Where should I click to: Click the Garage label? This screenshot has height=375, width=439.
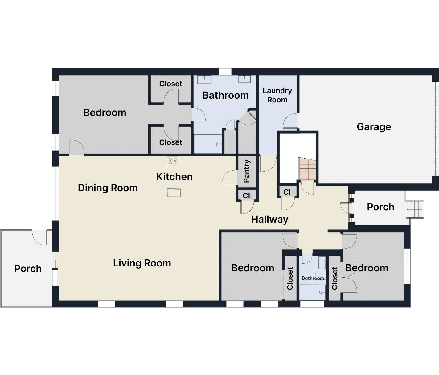[x=374, y=127]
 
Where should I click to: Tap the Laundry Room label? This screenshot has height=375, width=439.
[x=277, y=95]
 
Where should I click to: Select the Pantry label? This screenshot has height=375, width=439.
[x=247, y=171]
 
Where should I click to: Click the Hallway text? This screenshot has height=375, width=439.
[x=269, y=219]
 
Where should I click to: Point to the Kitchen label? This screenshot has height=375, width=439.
[x=174, y=177]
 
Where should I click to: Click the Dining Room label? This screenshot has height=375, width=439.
[x=108, y=188]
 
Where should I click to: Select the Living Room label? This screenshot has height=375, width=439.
[x=142, y=263]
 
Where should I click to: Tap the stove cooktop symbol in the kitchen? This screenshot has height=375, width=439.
[x=173, y=161]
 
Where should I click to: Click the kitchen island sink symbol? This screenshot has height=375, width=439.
[x=174, y=193]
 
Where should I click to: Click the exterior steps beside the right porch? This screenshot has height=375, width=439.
[x=415, y=209]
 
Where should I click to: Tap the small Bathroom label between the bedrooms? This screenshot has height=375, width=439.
[x=313, y=278]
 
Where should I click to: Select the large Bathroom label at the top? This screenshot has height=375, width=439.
[x=225, y=95]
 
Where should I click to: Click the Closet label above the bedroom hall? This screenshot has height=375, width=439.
[x=170, y=84]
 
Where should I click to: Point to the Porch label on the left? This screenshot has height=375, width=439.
[x=28, y=269]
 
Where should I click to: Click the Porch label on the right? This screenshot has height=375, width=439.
[x=380, y=207]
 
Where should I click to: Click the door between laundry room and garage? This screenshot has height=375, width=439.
[x=290, y=121]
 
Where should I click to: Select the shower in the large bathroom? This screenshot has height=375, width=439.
[x=207, y=144]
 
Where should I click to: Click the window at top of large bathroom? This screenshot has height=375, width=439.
[x=225, y=71]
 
